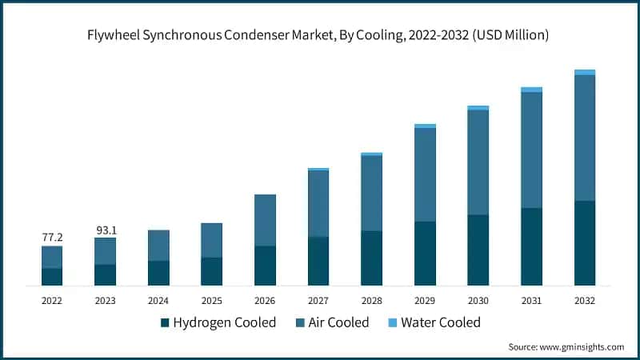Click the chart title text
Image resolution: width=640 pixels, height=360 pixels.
pos(320,35)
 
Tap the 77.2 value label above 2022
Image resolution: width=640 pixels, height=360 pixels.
pos(52,238)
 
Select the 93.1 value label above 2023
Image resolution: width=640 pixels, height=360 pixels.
pos(105,230)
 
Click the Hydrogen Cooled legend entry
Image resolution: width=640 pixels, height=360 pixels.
pos(218,322)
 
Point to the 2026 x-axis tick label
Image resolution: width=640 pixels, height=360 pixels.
pos(265,301)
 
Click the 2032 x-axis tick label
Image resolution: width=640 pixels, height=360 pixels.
pos(585,301)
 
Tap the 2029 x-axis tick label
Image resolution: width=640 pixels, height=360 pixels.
pos(425,301)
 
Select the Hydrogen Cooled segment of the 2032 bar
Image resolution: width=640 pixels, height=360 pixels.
pos(585,243)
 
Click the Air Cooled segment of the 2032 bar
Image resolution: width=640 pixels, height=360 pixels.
pos(585,138)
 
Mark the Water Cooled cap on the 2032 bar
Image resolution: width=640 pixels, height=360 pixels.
pos(585,72)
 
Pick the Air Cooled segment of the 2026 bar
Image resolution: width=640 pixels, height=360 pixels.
pos(265,220)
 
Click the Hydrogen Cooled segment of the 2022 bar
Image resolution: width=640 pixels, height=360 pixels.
pos(52,277)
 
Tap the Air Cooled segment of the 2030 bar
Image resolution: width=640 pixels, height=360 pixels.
pos(478,162)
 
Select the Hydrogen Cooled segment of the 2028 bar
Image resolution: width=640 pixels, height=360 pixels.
pos(371,258)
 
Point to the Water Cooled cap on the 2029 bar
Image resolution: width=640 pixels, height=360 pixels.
pos(425,126)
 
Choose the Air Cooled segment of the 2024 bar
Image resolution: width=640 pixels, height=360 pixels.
pos(158,246)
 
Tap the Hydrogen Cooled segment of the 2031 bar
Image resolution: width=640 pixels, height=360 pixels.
pos(531,246)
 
